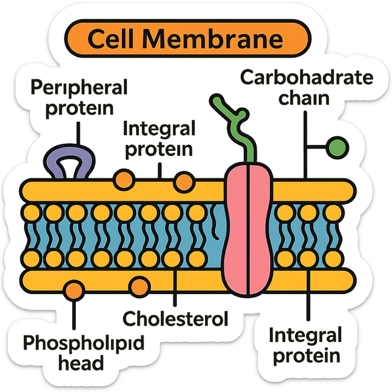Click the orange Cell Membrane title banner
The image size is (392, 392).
tap(187, 39)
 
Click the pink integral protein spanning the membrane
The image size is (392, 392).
tap(248, 230)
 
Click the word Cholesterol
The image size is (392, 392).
tap(175, 319)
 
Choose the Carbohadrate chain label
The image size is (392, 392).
tap(306, 88)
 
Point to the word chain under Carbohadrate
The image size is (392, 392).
tap(304, 98)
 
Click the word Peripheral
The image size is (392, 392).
tap(79, 88)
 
